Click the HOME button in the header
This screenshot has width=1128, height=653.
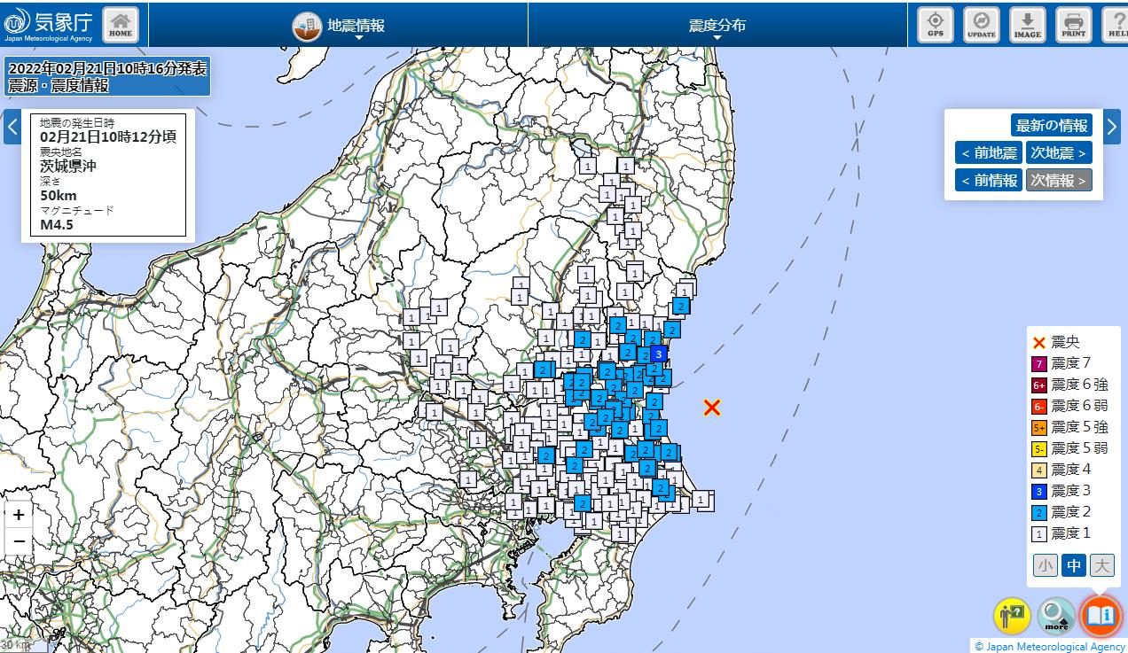[121, 24]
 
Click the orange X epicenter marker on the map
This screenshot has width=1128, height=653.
[712, 408]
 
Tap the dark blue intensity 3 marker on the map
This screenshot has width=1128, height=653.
[658, 354]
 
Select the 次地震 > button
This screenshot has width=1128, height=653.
[1059, 152]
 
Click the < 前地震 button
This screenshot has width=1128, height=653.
[988, 152]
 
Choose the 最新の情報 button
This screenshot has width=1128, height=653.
[1051, 125]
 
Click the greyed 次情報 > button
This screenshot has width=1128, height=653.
[1059, 180]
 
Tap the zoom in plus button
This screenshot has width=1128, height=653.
[19, 515]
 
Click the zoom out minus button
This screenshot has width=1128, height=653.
[19, 542]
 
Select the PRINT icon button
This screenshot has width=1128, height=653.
[1073, 24]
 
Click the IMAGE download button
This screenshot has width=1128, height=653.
[1027, 24]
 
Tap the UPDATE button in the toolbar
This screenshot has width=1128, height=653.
[981, 24]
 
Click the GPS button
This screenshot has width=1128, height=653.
[935, 24]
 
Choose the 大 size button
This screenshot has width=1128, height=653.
[1101, 564]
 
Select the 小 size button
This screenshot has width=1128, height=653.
[1045, 564]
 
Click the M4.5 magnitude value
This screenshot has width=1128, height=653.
[57, 224]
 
